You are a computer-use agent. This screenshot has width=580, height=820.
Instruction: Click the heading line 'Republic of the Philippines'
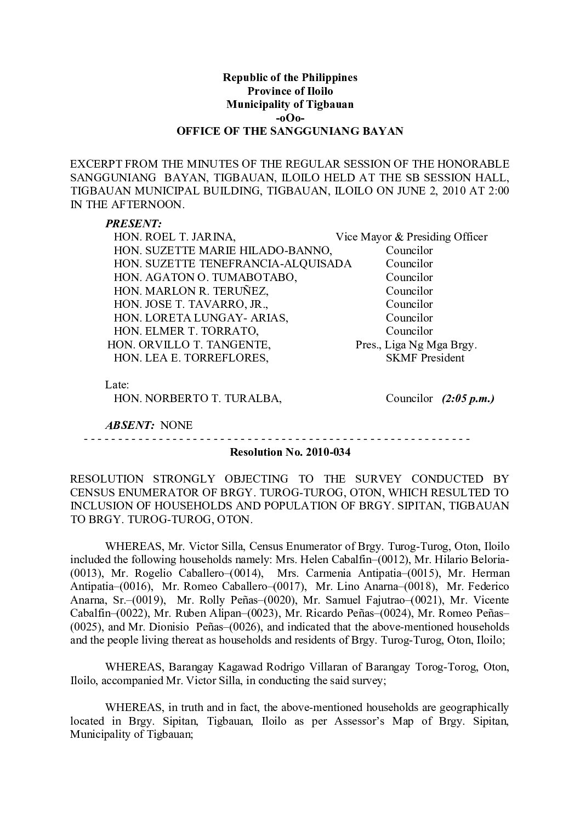[289, 77]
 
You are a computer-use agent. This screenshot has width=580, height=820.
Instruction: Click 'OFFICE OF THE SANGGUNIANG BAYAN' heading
[289, 131]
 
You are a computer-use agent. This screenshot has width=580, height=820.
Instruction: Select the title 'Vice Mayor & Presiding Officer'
[411, 237]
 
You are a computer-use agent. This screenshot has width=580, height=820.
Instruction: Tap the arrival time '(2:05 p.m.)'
[468, 399]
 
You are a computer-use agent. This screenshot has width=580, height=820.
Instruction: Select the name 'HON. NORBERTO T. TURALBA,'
[198, 399]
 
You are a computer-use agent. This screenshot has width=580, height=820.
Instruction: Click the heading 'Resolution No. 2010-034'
[289, 453]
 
